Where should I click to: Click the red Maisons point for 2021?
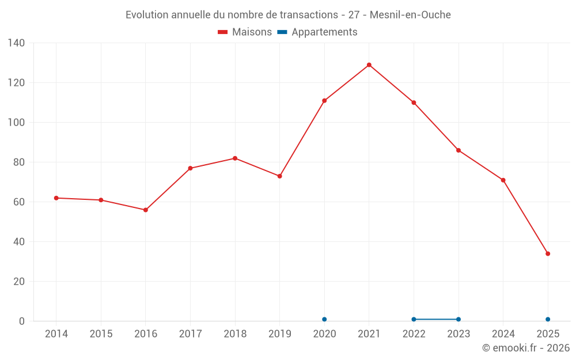tap(369, 65)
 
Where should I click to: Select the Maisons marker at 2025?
tap(548, 254)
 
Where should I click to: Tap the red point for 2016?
tap(146, 210)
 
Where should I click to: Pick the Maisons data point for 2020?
tap(324, 101)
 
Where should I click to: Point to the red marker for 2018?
tap(235, 158)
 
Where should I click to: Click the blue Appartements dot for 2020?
tap(324, 319)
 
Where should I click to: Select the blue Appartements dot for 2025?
tap(548, 319)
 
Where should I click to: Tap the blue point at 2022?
tap(414, 319)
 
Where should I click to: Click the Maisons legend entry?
tap(245, 32)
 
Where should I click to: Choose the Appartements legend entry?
tap(317, 32)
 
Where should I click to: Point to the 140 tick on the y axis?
tap(17, 43)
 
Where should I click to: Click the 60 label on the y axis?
tap(19, 202)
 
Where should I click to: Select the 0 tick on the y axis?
tap(22, 321)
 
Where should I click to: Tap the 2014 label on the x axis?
tap(56, 334)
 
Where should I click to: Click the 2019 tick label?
tap(280, 334)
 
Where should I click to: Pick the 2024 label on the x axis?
tap(503, 334)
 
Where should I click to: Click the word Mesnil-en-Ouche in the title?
tap(410, 14)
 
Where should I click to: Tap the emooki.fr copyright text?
tap(526, 348)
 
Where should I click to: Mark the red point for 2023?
tap(458, 150)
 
